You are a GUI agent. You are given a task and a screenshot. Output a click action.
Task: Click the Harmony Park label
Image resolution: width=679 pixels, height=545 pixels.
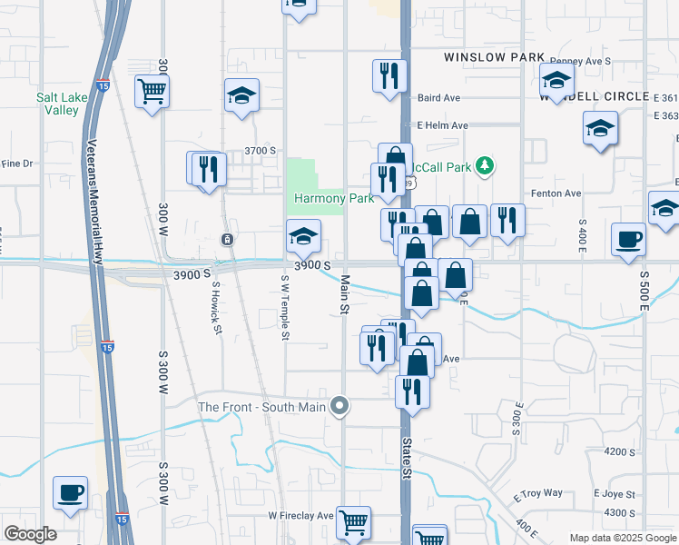tap(320, 198)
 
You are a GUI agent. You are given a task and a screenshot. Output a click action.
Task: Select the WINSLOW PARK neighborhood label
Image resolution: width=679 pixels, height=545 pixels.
tap(494, 57)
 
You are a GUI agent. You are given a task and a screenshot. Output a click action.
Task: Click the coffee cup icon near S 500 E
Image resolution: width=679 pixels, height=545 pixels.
tap(628, 241)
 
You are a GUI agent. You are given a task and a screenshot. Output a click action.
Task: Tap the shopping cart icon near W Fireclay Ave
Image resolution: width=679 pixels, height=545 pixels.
tap(353, 522)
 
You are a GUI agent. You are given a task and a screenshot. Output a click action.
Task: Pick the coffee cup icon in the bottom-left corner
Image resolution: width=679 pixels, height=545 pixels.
tap(71, 493)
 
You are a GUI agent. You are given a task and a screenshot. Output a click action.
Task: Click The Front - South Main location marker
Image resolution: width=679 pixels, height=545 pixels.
tap(340, 406)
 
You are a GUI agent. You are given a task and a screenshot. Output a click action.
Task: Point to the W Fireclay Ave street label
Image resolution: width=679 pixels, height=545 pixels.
tap(300, 515)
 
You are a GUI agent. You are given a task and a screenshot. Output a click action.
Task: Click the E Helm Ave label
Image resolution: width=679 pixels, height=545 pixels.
tap(442, 125)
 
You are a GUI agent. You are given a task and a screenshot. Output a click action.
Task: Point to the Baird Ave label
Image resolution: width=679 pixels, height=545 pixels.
tap(439, 97)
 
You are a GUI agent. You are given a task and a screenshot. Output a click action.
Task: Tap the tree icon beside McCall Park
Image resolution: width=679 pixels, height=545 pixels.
tap(487, 165)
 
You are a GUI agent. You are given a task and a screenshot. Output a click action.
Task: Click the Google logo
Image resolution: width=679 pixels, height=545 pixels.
tap(30, 534)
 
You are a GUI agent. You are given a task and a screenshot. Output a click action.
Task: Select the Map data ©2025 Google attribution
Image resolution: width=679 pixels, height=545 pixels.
tap(622, 538)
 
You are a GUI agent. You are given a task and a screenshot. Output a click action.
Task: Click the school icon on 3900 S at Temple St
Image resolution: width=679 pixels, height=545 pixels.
tap(303, 237)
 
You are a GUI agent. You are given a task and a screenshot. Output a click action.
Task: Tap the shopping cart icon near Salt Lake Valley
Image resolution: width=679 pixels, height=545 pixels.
tap(153, 91)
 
